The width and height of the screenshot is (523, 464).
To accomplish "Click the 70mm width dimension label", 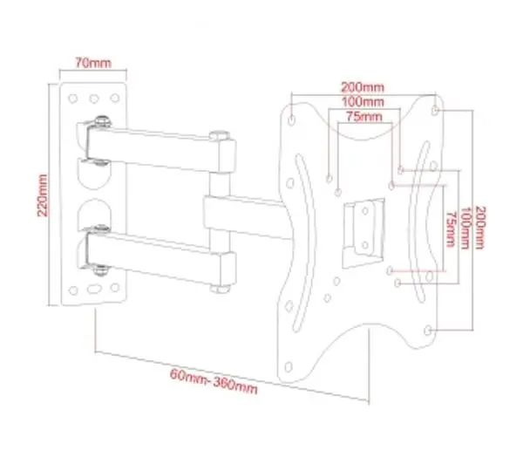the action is (92, 63).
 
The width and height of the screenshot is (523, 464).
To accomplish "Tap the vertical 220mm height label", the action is (43, 195).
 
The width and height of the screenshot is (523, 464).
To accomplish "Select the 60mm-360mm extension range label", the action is (214, 381).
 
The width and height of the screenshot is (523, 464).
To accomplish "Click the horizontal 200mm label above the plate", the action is (363, 87).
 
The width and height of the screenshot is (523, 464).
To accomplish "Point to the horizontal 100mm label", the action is (363, 101).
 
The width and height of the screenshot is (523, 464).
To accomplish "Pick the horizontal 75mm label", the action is (363, 117).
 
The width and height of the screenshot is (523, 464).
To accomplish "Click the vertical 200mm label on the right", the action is (479, 228).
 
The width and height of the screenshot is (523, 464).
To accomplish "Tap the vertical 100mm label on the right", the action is (465, 228).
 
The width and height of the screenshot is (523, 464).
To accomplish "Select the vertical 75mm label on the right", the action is (451, 229).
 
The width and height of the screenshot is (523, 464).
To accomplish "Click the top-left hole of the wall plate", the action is (73, 99).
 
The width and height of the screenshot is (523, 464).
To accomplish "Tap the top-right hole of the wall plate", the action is (115, 98).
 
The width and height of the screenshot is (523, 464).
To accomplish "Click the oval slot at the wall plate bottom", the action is (94, 289).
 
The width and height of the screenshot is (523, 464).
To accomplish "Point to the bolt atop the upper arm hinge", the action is (102, 121).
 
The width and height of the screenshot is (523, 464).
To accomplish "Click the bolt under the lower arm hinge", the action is (100, 270).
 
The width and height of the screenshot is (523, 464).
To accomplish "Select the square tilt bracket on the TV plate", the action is (363, 233).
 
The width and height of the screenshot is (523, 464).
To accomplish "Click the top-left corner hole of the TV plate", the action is (291, 119).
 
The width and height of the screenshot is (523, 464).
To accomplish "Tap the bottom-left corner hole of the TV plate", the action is (289, 367).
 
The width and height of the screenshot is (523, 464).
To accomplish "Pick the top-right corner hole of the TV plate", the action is (435, 110).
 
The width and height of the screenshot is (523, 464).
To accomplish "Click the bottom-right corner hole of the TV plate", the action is (428, 331).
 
